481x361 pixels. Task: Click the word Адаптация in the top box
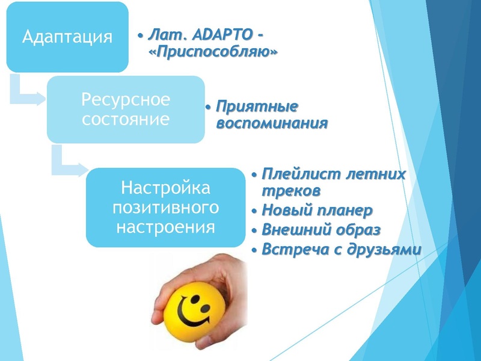[x=67, y=37]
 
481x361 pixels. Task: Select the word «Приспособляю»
[x=212, y=52]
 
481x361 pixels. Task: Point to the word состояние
[x=126, y=119]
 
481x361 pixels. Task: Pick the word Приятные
[x=257, y=107]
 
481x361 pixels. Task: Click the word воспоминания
[x=271, y=123]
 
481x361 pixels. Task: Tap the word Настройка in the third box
[x=166, y=188]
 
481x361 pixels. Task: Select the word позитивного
[x=166, y=208]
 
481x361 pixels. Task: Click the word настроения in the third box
[x=166, y=227]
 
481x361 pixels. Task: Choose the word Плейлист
[x=298, y=174]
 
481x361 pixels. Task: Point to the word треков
[x=291, y=191]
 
